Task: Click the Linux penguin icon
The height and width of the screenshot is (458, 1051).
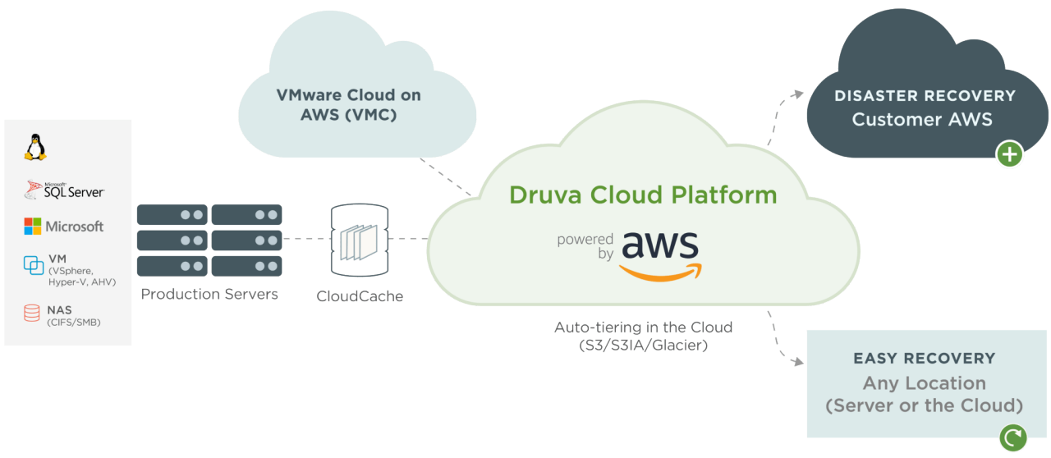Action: (x=35, y=148)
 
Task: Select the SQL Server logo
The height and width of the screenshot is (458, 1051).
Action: (x=64, y=190)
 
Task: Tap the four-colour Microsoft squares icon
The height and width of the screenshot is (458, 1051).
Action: (x=33, y=227)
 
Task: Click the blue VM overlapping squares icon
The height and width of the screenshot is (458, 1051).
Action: (x=34, y=265)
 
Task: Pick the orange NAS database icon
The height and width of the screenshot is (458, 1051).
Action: (x=32, y=313)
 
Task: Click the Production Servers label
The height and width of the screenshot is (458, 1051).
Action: (x=209, y=294)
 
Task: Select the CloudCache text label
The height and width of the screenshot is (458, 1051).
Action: (x=360, y=296)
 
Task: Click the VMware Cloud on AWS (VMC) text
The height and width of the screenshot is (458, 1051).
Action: (x=349, y=105)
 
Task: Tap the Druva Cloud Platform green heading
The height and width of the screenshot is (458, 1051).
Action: (x=643, y=195)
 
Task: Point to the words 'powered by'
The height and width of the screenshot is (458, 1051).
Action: (x=585, y=246)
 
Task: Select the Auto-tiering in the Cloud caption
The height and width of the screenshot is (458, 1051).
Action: (x=643, y=336)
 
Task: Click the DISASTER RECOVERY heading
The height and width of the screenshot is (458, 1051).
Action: (x=925, y=96)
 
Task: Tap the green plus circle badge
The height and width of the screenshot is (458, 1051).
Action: (x=1010, y=153)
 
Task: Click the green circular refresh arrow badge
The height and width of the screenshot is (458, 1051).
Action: (x=1012, y=437)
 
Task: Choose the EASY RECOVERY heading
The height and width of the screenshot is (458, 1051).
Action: (x=924, y=359)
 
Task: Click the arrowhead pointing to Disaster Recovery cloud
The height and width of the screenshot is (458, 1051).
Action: (x=797, y=94)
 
